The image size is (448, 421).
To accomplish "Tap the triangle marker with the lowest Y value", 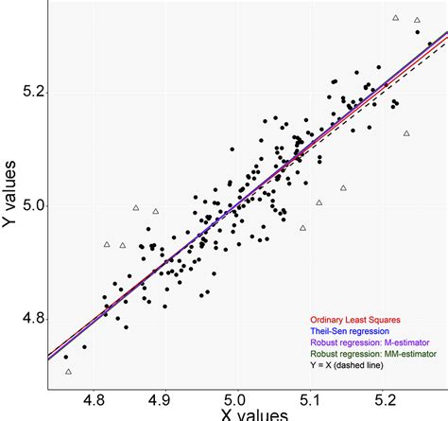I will pos(68,372).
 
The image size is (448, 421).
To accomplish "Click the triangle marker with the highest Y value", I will pos(395,17).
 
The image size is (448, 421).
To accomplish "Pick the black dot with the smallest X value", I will pos(65,357).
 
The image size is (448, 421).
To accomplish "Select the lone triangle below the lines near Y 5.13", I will pos(406,133).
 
